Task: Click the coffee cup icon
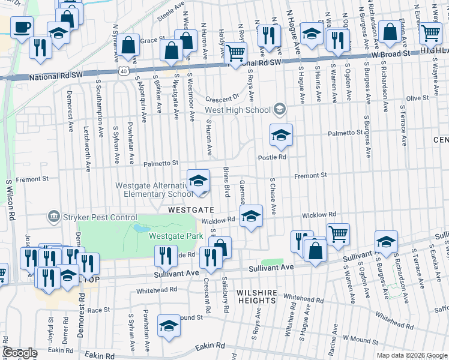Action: click(x=22, y=28)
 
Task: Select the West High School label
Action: click(x=237, y=110)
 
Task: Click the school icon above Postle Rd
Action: click(x=280, y=136)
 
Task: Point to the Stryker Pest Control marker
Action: click(x=54, y=216)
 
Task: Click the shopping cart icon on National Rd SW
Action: click(x=236, y=53)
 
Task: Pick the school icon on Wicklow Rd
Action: click(x=251, y=217)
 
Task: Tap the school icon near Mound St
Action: click(x=169, y=326)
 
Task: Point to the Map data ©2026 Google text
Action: click(x=411, y=355)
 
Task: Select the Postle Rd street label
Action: click(x=273, y=157)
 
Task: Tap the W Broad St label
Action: click(x=390, y=53)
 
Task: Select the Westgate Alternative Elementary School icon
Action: click(x=198, y=182)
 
